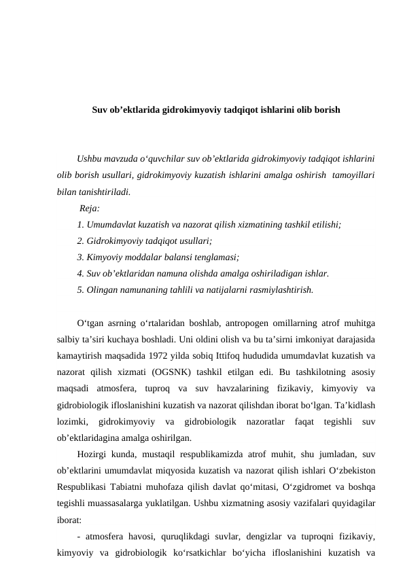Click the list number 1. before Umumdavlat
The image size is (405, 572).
pos(81,224)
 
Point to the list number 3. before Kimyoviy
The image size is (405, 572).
pos(81,257)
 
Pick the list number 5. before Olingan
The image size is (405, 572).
pos(81,289)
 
